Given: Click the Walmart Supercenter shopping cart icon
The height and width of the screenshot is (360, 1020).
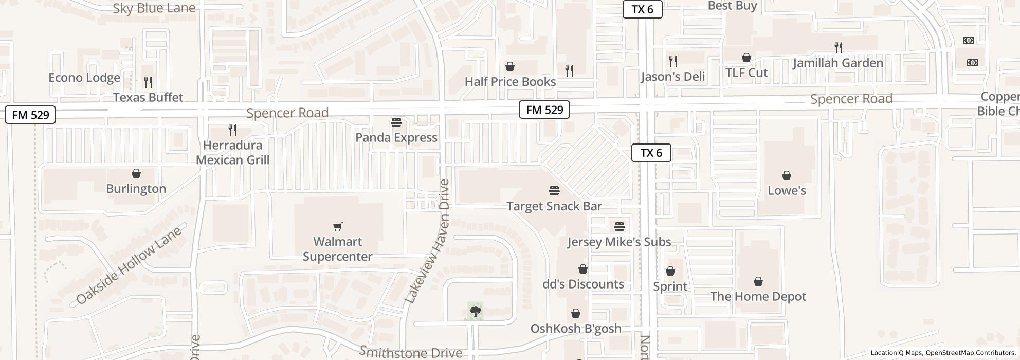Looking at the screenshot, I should click(338, 226).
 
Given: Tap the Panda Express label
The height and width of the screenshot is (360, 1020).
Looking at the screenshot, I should click(396, 137).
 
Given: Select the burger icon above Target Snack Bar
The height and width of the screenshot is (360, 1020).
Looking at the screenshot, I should click(554, 191).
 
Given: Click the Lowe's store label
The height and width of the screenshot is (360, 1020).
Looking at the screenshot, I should click(786, 190).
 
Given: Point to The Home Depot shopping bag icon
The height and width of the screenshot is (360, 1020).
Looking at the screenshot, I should click(758, 281).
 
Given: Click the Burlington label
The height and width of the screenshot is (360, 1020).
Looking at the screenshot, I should click(136, 189).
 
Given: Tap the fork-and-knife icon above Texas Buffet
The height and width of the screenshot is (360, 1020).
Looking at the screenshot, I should click(148, 82).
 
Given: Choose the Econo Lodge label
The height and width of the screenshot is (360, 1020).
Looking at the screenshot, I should click(84, 78).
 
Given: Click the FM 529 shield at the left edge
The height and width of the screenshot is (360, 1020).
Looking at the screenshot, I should click(30, 115).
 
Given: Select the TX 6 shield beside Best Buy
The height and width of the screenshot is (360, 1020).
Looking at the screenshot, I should click(642, 9).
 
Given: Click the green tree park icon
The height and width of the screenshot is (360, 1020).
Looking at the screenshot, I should click(476, 311).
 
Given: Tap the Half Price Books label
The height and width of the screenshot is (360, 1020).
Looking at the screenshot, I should click(510, 82).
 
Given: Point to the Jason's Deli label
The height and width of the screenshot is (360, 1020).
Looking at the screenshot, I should click(672, 77).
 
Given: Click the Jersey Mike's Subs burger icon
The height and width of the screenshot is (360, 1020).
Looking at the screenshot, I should click(619, 227).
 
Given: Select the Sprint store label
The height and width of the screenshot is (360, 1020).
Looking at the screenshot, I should click(670, 286).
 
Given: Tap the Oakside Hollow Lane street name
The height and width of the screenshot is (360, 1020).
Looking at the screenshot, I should click(129, 265).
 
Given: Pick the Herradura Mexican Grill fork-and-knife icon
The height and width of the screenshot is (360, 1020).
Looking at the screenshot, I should click(232, 130).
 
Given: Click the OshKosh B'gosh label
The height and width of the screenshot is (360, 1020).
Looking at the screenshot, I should click(575, 328).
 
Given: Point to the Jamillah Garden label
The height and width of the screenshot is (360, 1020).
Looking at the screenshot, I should click(837, 63).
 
